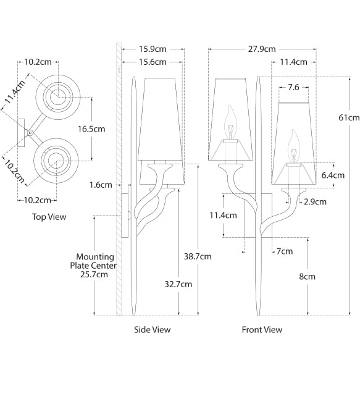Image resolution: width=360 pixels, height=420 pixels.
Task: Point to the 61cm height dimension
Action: point(349,117)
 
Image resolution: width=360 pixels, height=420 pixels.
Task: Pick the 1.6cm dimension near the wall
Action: point(100,185)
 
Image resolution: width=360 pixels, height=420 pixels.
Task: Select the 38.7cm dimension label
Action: point(198,256)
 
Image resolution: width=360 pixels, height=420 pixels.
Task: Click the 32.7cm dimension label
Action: point(179,284)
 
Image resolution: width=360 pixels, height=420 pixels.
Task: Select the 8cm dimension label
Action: point(307,276)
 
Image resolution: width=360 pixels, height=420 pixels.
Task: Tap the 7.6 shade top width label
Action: point(293,88)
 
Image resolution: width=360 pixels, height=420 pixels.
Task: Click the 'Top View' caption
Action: point(49,217)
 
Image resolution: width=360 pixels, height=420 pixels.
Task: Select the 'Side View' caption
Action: point(153,330)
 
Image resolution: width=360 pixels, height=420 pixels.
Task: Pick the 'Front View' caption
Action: point(262,330)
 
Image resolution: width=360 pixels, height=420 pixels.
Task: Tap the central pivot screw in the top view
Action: point(29,131)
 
